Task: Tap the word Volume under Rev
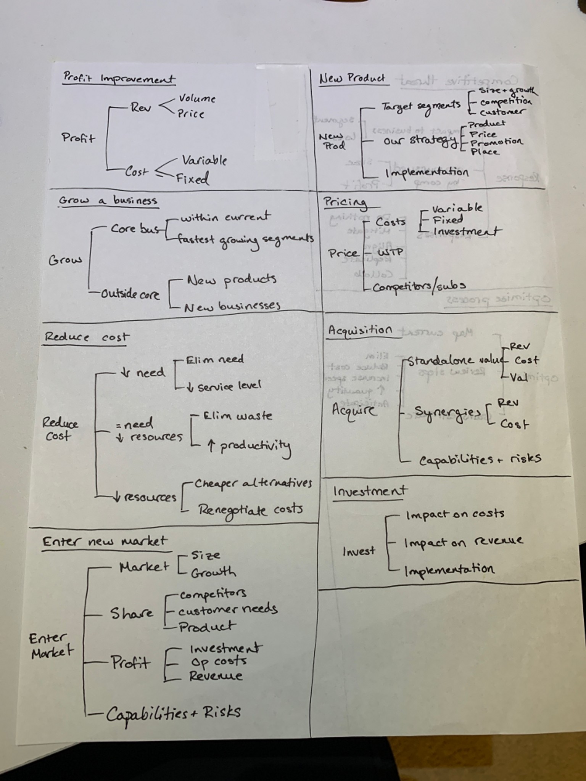point(197,98)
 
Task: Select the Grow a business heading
point(108,201)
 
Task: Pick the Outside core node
point(130,294)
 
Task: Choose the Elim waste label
point(237,416)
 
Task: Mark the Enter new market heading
point(105,542)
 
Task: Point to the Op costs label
point(218,661)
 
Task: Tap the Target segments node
point(421,106)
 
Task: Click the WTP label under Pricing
point(390,252)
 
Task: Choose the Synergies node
point(447,413)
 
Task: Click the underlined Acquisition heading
point(360,330)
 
